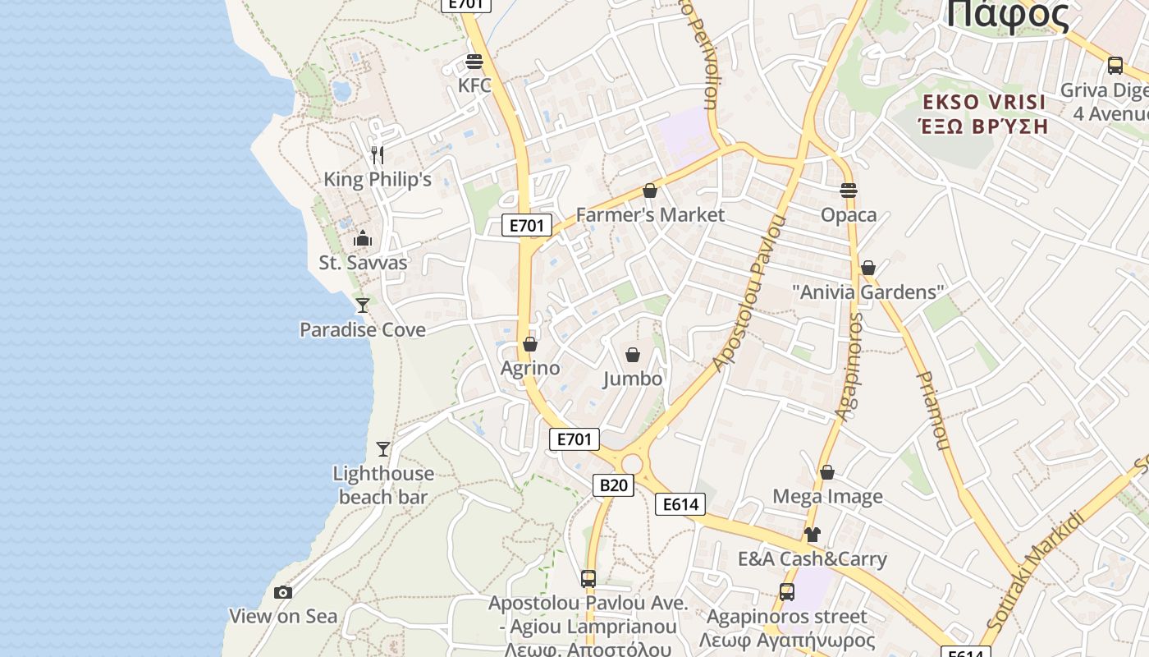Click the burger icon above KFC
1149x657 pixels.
474,62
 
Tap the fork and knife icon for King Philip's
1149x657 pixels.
378,154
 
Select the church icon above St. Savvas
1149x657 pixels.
363,239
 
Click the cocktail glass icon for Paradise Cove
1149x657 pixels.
362,306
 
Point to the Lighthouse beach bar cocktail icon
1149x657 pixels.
383,449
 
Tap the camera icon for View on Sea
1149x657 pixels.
283,592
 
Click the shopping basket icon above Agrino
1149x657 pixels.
530,344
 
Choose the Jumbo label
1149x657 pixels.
633,379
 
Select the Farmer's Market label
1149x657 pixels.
650,215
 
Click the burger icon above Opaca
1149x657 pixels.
849,191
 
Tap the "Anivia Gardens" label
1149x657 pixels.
868,292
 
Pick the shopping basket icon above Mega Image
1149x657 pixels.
827,472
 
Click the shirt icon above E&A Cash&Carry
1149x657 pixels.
813,535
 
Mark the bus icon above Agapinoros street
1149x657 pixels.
787,592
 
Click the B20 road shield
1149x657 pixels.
613,485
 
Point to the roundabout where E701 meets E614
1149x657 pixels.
631,465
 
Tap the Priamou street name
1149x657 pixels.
932,411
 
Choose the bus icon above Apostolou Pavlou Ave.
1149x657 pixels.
588,579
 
